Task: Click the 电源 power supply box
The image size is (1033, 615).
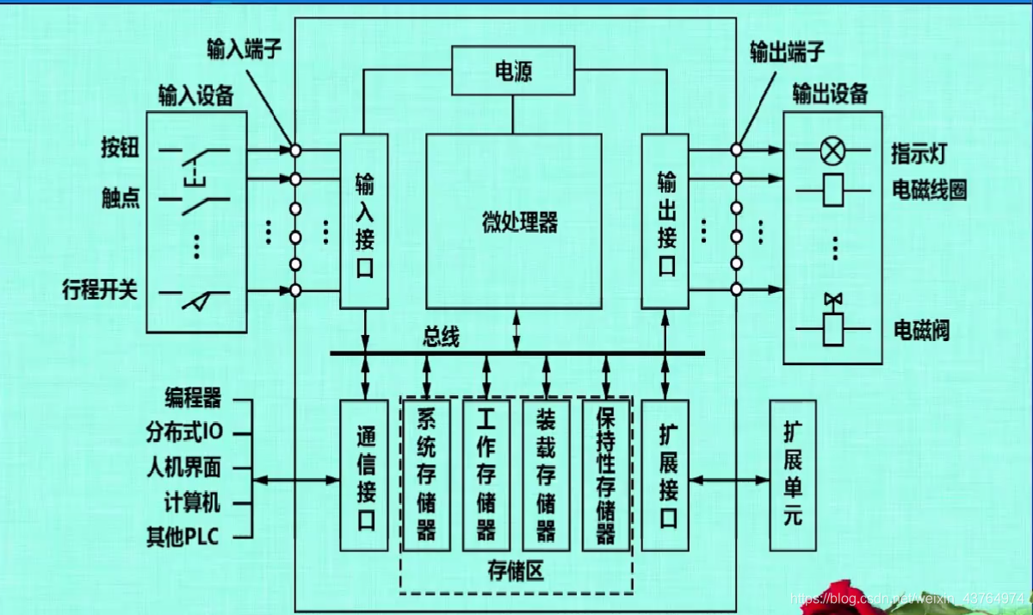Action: (x=513, y=70)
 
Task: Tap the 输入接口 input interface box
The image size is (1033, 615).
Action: (x=364, y=221)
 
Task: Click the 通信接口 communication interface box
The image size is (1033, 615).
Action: (x=364, y=475)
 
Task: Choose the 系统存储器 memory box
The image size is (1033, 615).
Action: (x=426, y=475)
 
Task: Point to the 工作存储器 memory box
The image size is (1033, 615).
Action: (x=486, y=475)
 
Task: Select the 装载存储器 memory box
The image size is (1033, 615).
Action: (x=546, y=475)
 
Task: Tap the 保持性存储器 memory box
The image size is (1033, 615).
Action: (x=606, y=475)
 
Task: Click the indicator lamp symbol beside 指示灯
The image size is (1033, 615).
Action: (x=832, y=152)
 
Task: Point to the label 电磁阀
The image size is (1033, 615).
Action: (x=921, y=329)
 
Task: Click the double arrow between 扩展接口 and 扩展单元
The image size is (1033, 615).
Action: (x=730, y=479)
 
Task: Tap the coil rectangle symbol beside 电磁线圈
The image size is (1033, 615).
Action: (x=832, y=189)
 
